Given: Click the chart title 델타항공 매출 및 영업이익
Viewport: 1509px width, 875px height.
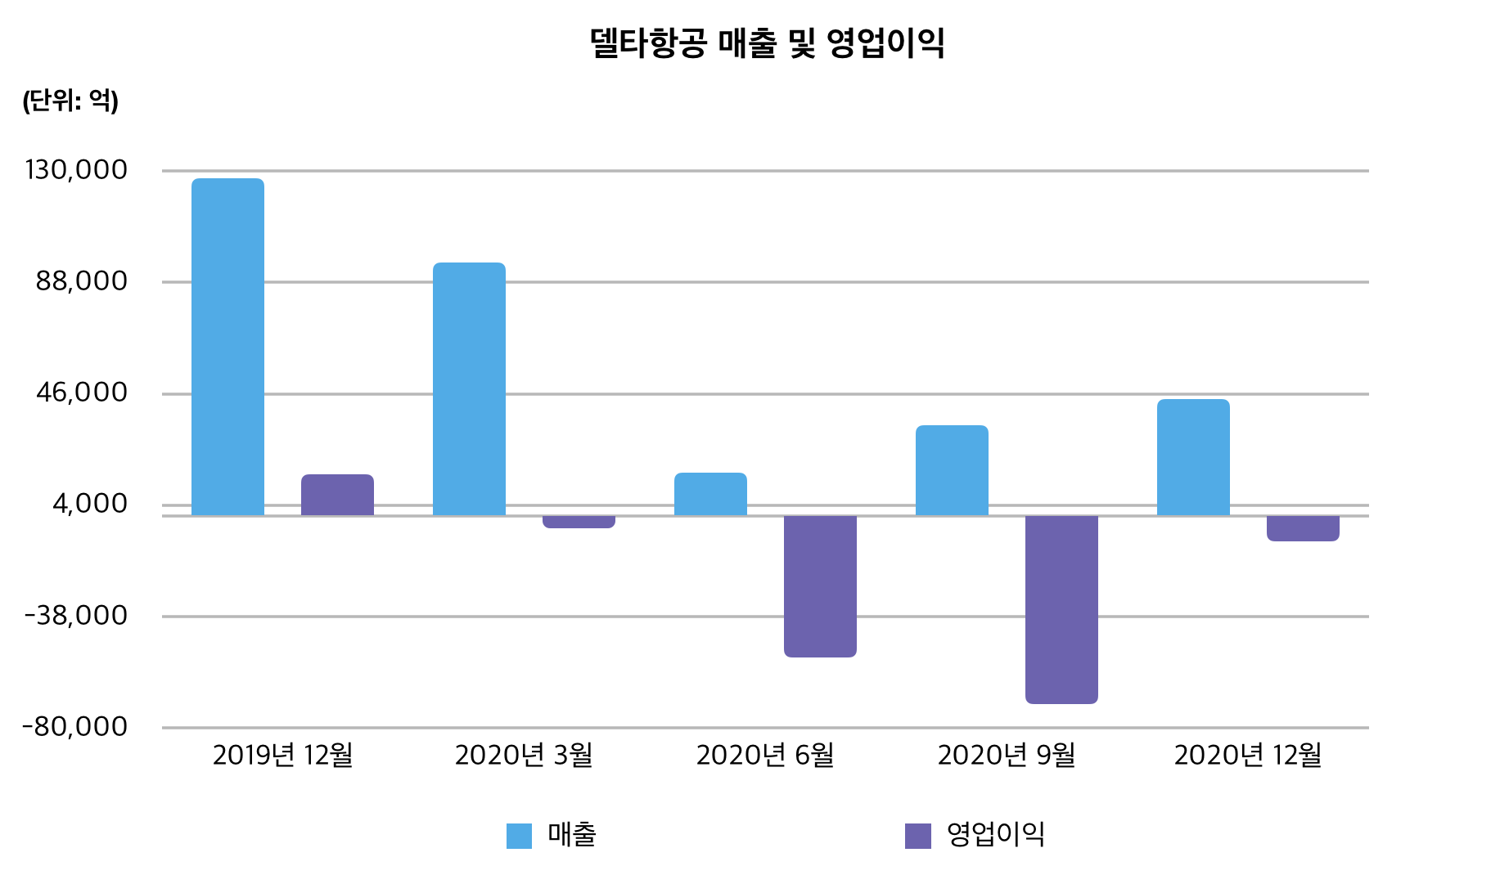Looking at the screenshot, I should pyautogui.click(x=767, y=43).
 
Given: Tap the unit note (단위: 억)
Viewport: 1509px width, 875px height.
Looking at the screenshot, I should pyautogui.click(x=70, y=101).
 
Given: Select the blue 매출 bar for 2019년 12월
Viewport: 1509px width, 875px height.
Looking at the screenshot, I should pyautogui.click(x=227, y=347).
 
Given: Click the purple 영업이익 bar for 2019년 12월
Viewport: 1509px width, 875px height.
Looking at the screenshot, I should pyautogui.click(x=337, y=495).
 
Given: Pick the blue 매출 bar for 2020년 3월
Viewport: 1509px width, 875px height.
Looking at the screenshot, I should pyautogui.click(x=469, y=389).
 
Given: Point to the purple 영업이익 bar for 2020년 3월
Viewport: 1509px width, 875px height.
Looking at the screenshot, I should pyautogui.click(x=579, y=522).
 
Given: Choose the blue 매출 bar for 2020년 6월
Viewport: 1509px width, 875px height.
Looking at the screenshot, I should pyautogui.click(x=710, y=494).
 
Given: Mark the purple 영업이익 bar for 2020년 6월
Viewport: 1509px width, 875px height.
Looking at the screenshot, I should pyautogui.click(x=820, y=586).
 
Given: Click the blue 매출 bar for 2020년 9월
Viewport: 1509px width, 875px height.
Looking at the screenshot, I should pyautogui.click(x=952, y=470).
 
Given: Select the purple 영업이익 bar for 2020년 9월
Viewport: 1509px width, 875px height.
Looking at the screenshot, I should pyautogui.click(x=1061, y=609).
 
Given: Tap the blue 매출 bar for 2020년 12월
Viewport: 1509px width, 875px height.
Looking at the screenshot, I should pyautogui.click(x=1193, y=457).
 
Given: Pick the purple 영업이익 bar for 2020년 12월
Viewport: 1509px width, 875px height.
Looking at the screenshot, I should pyautogui.click(x=1303, y=528).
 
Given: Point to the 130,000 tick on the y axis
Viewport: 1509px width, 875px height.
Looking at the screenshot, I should pyautogui.click(x=77, y=170).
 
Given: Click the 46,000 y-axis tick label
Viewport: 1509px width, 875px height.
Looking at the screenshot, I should pyautogui.click(x=82, y=393).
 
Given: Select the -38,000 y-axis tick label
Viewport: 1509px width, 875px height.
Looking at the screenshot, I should pyautogui.click(x=77, y=615).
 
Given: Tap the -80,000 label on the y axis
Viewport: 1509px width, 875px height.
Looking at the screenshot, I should pyautogui.click(x=75, y=726).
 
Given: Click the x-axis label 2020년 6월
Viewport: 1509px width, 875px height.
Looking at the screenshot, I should pyautogui.click(x=765, y=755).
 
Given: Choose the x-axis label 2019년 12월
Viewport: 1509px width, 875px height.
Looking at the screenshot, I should pyautogui.click(x=282, y=755).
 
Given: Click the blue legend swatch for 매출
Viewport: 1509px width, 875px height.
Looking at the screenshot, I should pyautogui.click(x=519, y=836).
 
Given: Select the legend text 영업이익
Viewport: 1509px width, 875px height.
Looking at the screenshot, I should pyautogui.click(x=995, y=834).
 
